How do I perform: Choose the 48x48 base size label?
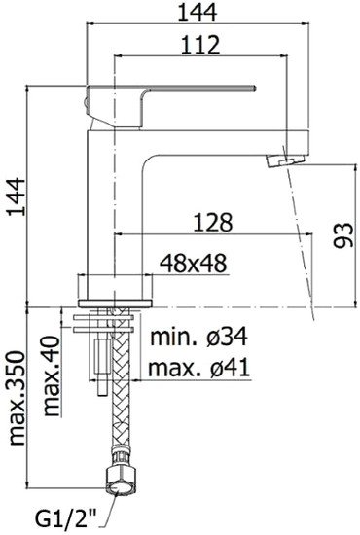[191, 262]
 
